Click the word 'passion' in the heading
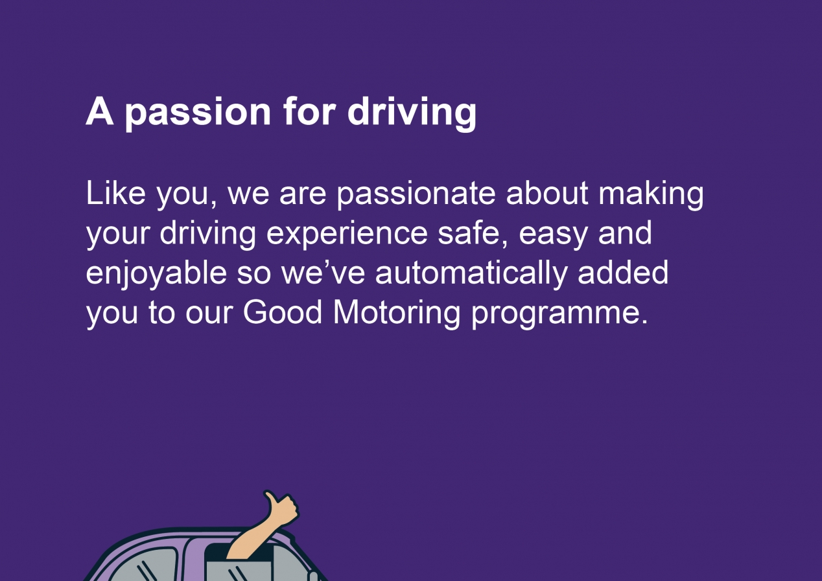[198, 113]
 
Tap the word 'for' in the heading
[310, 111]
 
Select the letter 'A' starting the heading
[99, 111]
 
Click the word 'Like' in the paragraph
[115, 193]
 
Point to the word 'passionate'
[416, 196]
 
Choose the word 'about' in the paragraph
[547, 193]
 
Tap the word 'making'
[651, 196]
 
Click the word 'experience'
[347, 235]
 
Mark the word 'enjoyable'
[157, 275]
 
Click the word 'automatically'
[471, 275]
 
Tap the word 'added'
[623, 272]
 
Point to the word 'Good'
[282, 312]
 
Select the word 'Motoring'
[396, 314]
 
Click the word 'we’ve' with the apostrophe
[323, 272]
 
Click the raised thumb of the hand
[270, 499]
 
